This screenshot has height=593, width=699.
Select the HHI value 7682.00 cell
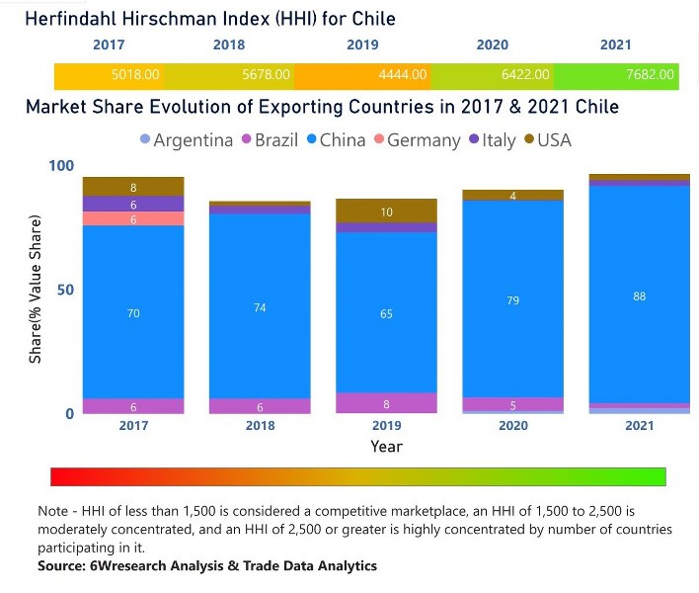650,74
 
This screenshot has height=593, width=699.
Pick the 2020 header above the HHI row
492,45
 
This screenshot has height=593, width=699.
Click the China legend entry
340,140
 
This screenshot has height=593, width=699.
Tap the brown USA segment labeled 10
386,212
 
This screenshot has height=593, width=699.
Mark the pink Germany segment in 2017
133,219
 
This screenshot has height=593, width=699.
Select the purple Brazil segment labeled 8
386,403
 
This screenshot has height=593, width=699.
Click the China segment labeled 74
260,306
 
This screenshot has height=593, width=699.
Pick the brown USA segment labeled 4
512,196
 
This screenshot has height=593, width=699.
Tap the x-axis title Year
386,446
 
